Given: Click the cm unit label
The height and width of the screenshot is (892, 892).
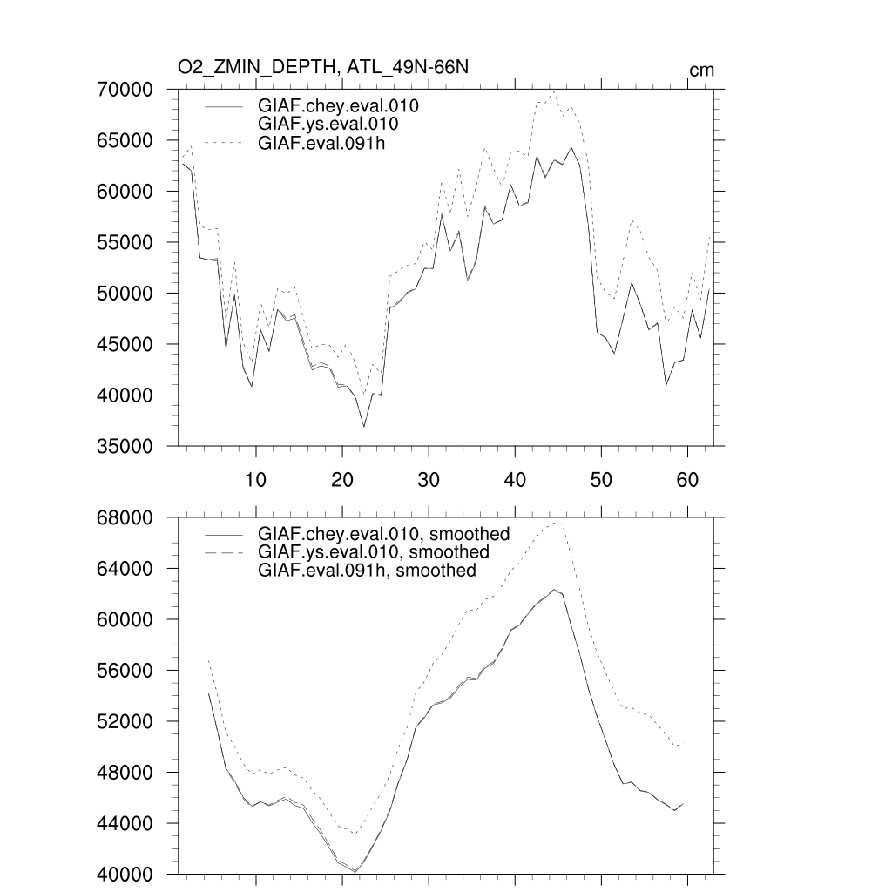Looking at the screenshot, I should click(701, 70).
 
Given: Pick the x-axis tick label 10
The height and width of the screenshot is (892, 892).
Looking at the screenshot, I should click(255, 479).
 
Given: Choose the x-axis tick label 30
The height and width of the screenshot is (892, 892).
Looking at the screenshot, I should click(429, 479).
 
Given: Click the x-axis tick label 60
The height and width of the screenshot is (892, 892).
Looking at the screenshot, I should click(687, 479).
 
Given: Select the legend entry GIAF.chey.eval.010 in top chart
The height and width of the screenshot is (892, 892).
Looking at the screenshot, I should click(338, 106).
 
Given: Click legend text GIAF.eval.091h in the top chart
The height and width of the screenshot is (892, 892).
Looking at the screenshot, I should click(321, 143).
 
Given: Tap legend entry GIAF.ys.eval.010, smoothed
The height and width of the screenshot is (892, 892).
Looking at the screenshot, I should click(373, 552).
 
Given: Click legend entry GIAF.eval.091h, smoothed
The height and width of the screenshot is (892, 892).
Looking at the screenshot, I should click(367, 571).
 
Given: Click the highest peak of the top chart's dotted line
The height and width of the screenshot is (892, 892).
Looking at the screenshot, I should click(553, 91).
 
